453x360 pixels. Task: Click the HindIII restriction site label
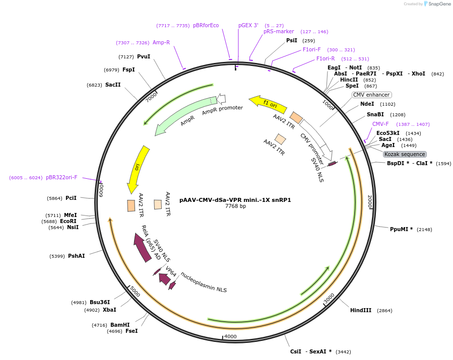(x=360, y=310)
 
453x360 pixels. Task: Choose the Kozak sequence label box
(x=405, y=154)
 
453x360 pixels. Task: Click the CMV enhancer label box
(x=371, y=95)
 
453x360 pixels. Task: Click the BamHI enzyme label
(x=120, y=325)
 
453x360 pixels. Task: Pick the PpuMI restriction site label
(x=401, y=229)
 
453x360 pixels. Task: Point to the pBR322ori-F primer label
(x=61, y=177)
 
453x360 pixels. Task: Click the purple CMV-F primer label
(x=380, y=124)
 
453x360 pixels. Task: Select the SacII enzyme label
(x=113, y=85)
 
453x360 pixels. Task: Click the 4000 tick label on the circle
(x=230, y=336)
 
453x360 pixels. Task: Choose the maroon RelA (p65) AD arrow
(x=142, y=247)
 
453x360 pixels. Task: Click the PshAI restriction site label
(x=77, y=256)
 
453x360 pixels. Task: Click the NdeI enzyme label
(x=367, y=104)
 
